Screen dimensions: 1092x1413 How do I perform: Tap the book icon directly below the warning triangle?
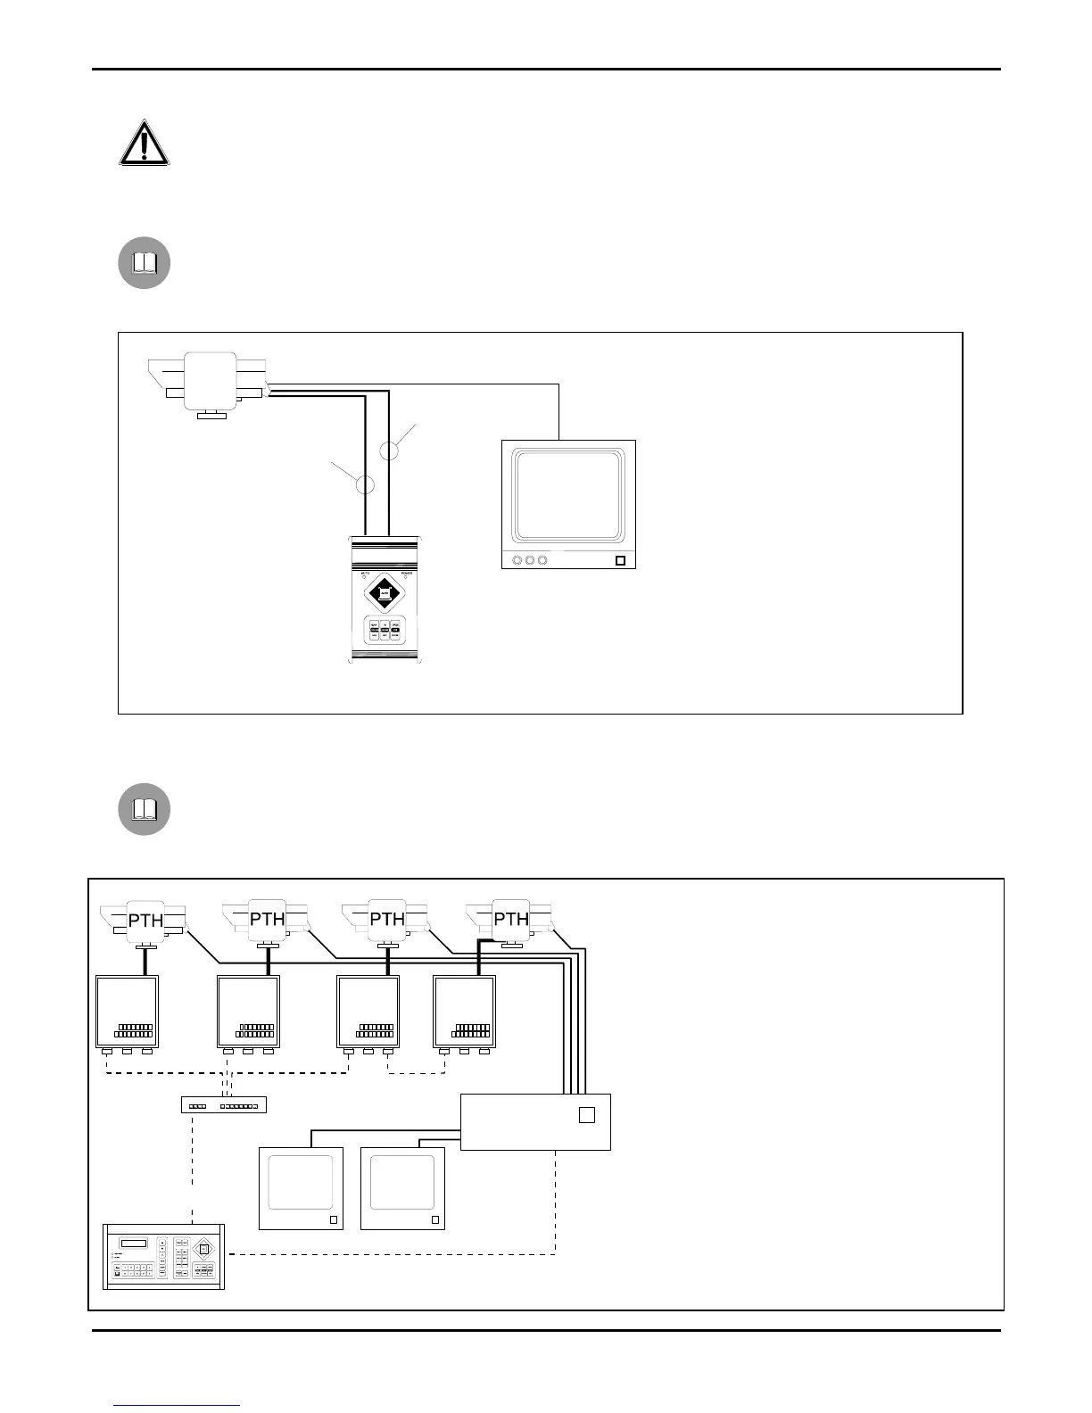click(x=145, y=263)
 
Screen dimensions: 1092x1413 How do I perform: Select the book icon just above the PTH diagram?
click(x=145, y=809)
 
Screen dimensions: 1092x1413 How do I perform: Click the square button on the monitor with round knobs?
click(x=620, y=561)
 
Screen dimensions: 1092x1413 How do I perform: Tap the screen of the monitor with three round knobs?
click(x=569, y=496)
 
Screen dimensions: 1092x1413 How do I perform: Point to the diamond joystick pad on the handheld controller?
click(x=385, y=591)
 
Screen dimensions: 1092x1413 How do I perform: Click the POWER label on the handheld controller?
click(x=407, y=574)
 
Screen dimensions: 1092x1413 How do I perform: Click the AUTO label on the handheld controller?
click(x=364, y=574)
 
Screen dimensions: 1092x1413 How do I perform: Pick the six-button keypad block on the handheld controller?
click(x=385, y=630)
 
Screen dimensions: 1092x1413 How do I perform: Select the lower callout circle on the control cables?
click(x=365, y=485)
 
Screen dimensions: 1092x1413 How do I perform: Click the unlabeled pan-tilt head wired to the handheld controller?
click(x=211, y=381)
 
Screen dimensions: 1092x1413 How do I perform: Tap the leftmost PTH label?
click(x=145, y=920)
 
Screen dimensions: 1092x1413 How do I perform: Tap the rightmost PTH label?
click(x=511, y=919)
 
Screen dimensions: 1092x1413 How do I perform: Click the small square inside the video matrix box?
click(x=586, y=1115)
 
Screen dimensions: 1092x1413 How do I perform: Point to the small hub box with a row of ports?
click(x=224, y=1105)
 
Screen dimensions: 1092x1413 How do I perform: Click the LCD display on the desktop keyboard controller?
click(x=135, y=1244)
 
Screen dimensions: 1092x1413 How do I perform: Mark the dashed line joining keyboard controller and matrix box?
click(x=393, y=1254)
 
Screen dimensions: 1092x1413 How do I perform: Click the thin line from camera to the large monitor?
click(x=558, y=410)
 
